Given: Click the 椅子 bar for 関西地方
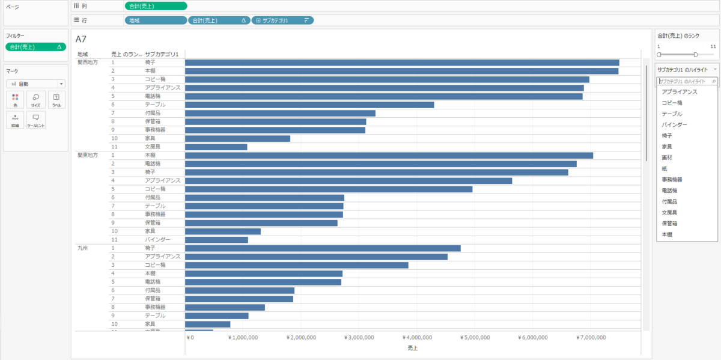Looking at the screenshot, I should point(401,63).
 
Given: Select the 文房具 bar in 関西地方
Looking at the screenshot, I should point(216,147).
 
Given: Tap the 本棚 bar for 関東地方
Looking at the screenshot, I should point(389,155).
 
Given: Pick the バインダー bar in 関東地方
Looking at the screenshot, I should point(216,240).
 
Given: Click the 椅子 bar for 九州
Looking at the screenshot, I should point(323,248).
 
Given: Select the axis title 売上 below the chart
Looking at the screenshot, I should point(412,348).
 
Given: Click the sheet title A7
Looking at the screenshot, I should point(81,39).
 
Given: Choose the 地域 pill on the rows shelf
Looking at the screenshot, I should point(155,20).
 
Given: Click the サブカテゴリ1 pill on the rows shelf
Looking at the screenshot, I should point(282,20).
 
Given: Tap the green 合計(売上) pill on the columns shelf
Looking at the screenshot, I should point(156,6).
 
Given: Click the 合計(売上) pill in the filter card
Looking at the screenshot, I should point(35,46).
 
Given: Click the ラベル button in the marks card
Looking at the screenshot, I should point(56,99).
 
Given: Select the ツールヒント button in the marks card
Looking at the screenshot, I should point(36,120).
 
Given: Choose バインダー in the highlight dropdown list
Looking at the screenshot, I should point(674,124).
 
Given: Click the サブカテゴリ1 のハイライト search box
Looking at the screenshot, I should point(685,81).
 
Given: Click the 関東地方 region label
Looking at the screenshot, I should point(88,155).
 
